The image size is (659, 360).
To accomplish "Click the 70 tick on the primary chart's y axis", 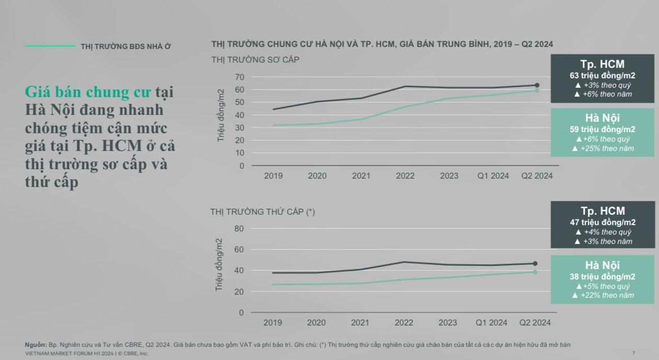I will click(x=239, y=77).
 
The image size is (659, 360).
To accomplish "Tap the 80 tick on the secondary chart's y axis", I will click(x=239, y=228).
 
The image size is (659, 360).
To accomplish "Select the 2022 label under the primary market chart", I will click(x=405, y=176).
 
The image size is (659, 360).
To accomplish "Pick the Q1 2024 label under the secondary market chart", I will click(x=492, y=323).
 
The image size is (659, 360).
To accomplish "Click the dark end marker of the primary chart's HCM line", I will click(x=537, y=85).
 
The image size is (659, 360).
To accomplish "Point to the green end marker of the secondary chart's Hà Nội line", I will click(x=535, y=272).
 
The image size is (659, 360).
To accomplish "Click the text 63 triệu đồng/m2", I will click(x=603, y=76).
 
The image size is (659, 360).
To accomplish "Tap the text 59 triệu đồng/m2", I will click(x=603, y=129).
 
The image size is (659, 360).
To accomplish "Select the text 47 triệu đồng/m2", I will click(x=603, y=223).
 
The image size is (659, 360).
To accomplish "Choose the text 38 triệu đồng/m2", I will click(x=603, y=277).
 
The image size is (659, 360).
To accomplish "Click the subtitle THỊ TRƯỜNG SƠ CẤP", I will click(x=255, y=60).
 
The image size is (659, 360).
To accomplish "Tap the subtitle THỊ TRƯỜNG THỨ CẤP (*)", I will click(x=262, y=212).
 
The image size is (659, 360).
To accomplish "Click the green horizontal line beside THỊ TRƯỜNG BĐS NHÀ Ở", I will click(x=50, y=46).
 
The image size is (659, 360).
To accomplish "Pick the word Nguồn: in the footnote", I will click(x=36, y=345).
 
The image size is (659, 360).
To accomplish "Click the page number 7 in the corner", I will click(x=633, y=353).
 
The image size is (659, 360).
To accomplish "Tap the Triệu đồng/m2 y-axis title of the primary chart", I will click(x=221, y=115).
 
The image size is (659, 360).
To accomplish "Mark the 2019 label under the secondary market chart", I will click(x=273, y=323).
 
